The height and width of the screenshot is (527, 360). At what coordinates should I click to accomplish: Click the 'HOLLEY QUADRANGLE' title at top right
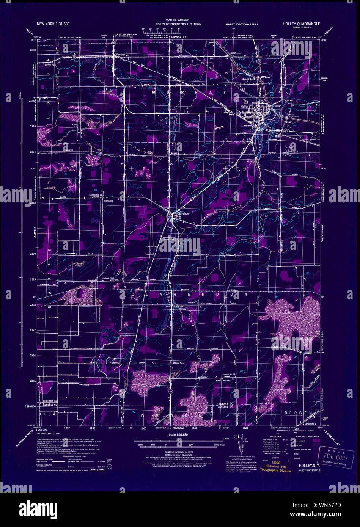pyautogui.click(x=301, y=24)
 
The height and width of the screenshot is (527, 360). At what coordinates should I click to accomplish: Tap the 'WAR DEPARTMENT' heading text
pyautogui.click(x=178, y=20)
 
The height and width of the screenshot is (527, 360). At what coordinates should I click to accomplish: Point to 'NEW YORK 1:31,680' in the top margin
pyautogui.click(x=53, y=24)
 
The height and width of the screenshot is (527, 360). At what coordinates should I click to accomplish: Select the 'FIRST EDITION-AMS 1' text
pyautogui.click(x=242, y=24)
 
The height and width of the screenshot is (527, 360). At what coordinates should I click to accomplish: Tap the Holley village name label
pyautogui.click(x=244, y=107)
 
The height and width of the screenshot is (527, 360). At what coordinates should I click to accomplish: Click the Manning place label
pyautogui.click(x=108, y=201)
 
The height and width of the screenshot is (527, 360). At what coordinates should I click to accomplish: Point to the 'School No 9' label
pyautogui.click(x=50, y=65)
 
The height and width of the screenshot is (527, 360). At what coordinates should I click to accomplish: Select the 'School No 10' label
pyautogui.click(x=179, y=306)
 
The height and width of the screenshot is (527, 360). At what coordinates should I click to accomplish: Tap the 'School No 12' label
pyautogui.click(x=109, y=278)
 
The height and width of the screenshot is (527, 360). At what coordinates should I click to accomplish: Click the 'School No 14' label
pyautogui.click(x=229, y=374)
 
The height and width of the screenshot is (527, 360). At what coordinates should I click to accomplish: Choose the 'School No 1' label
pyautogui.click(x=310, y=423)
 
